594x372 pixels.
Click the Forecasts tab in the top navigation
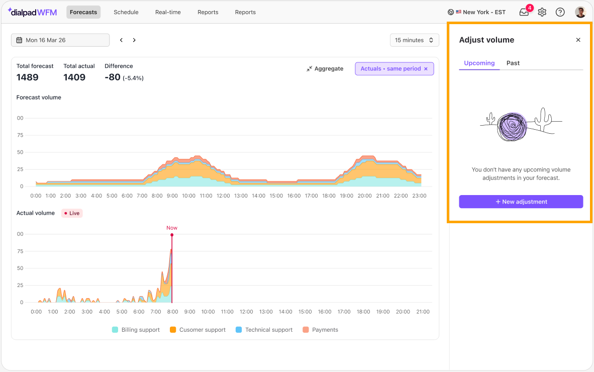coord(83,12)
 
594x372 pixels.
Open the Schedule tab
coord(126,12)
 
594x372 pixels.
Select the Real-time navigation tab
coord(168,12)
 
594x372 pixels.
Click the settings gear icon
coord(542,12)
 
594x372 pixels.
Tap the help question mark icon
coord(560,12)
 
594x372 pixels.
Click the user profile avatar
coord(580,12)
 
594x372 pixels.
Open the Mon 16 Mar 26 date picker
coord(60,40)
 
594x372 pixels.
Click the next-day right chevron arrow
coord(134,40)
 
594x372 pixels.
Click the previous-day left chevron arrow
coord(121,40)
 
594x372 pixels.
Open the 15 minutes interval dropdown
coord(415,40)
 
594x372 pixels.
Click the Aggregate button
coord(325,68)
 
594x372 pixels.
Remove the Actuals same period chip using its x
coord(426,68)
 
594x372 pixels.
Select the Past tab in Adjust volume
coord(513,63)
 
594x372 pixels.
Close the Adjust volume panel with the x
coord(578,40)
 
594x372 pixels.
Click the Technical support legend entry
coord(264,330)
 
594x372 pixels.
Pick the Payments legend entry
coord(321,330)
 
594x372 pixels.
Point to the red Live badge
coord(72,213)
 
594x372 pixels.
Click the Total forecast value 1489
coord(27,77)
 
